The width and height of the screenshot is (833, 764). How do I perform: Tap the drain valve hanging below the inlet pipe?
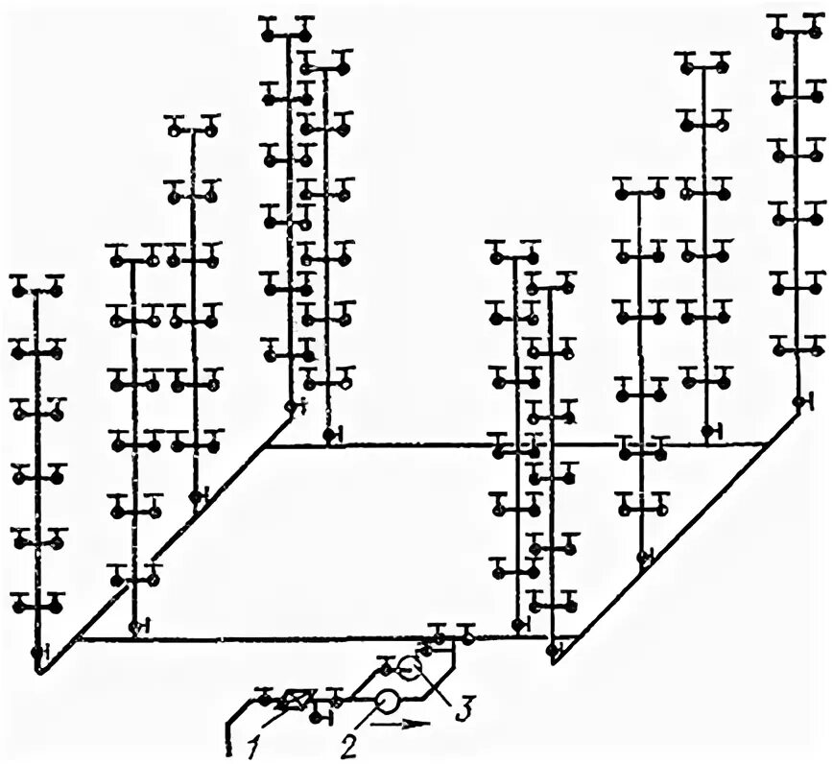[x=318, y=715]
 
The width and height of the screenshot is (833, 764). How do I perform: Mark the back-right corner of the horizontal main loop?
[x=767, y=444]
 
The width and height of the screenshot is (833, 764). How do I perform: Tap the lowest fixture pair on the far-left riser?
[x=37, y=605]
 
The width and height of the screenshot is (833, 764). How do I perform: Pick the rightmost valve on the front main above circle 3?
[x=467, y=634]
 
